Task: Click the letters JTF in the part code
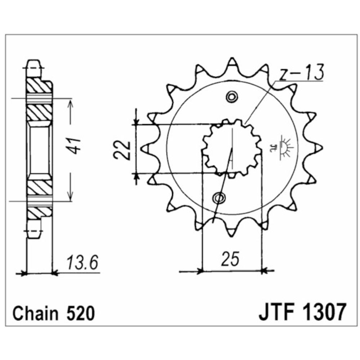276,312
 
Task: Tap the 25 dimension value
230,259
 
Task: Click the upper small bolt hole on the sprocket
231,96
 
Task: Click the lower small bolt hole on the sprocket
219,197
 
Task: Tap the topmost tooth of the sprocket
232,63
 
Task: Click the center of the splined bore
232,148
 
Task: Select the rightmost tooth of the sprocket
318,147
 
